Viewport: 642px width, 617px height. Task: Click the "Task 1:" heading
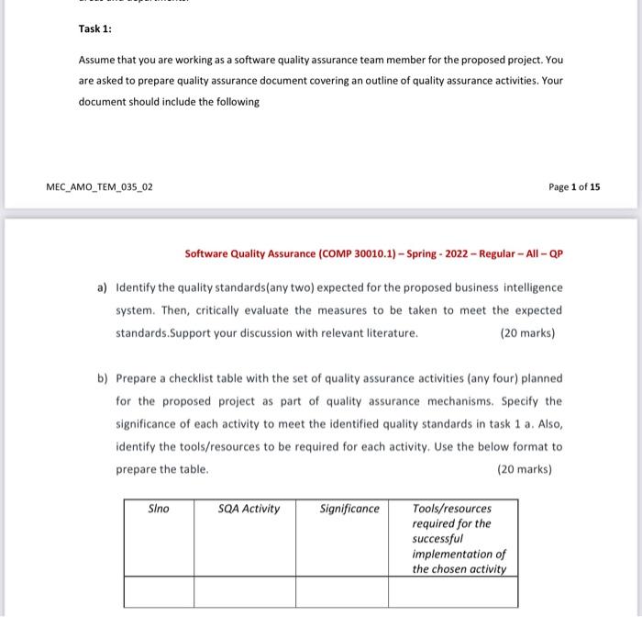pyautogui.click(x=94, y=28)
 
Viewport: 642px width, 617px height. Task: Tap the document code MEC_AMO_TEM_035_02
pyautogui.click(x=99, y=187)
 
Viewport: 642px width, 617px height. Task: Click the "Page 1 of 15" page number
pyautogui.click(x=574, y=187)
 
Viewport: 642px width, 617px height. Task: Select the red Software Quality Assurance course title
pyautogui.click(x=373, y=253)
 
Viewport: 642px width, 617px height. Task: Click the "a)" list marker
pyautogui.click(x=103, y=287)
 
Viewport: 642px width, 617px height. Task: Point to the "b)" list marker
pyautogui.click(x=103, y=378)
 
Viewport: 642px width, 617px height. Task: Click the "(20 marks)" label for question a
pyautogui.click(x=528, y=333)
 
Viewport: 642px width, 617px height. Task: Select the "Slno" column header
pyautogui.click(x=159, y=509)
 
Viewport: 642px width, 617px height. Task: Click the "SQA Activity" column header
pyautogui.click(x=249, y=509)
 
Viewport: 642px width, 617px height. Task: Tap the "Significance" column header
pyautogui.click(x=349, y=509)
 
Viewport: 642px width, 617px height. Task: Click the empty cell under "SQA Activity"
pyautogui.click(x=244, y=592)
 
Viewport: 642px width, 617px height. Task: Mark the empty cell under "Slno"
pyautogui.click(x=158, y=592)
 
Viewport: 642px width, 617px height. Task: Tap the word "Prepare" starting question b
pyautogui.click(x=137, y=378)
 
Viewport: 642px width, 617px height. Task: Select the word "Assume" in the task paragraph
pyautogui.click(x=97, y=60)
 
